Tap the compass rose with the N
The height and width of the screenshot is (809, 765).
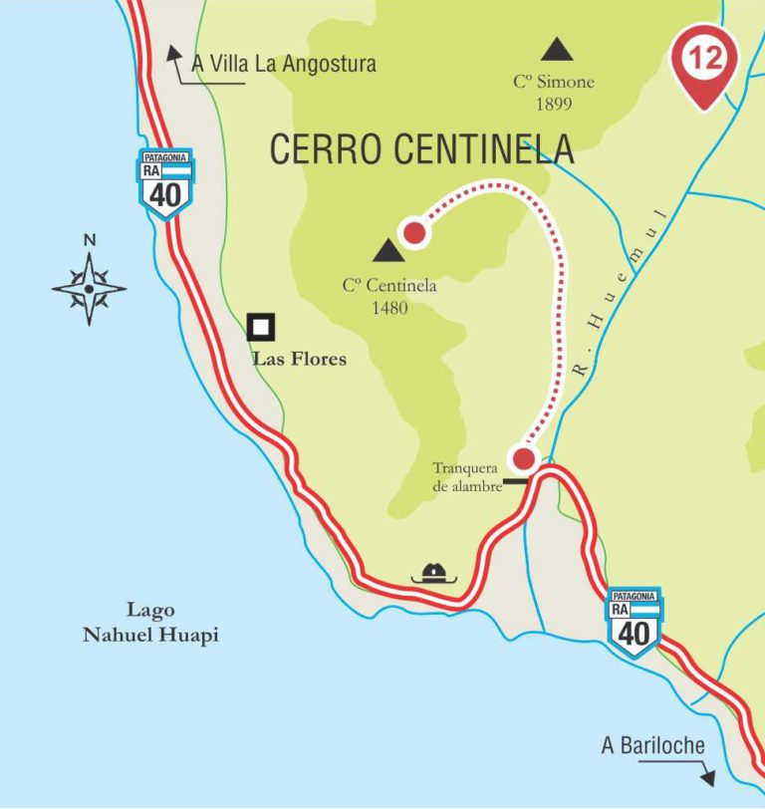tap(90, 288)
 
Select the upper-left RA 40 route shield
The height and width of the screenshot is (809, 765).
tap(165, 185)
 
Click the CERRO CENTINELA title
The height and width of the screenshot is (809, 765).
tap(421, 149)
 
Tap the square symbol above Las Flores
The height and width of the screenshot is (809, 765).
tap(261, 327)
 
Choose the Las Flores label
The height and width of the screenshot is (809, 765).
tap(300, 359)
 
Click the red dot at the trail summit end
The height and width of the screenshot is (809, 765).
tap(414, 232)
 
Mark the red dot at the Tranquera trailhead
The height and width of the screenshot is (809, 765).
tap(523, 459)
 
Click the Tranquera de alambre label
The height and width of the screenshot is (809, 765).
tap(466, 476)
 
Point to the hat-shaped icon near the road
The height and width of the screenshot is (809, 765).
tap(433, 572)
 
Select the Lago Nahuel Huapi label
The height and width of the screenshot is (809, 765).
tap(150, 622)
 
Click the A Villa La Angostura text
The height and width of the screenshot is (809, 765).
tap(284, 64)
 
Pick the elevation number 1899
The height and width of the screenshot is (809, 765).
tap(553, 103)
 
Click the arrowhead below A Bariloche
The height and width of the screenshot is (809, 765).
tap(708, 779)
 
